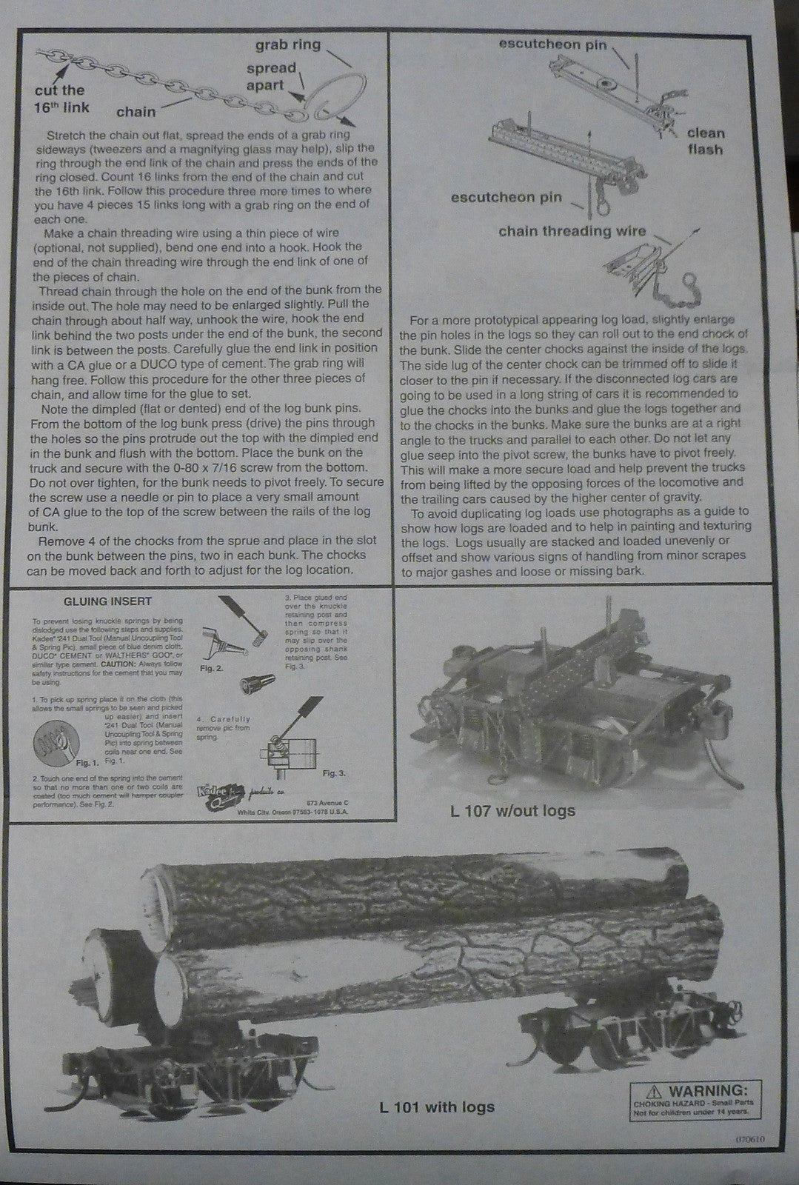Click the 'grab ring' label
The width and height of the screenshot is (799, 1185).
pos(288,44)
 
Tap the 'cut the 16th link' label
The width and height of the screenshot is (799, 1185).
pos(61,99)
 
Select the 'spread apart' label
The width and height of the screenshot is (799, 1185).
pos(271,76)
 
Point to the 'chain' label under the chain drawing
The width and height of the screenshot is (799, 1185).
pos(136,112)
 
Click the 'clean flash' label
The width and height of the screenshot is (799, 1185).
pos(705,141)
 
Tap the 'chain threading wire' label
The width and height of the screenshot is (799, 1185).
pos(572,231)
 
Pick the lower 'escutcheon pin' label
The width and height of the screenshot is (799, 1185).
pos(506,197)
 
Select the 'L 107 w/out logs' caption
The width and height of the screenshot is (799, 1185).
pos(512,810)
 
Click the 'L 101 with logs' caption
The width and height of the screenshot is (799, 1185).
pos(436,1107)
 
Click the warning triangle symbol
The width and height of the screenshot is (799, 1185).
pos(653,1090)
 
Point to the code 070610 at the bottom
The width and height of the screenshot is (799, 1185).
pos(755,1140)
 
